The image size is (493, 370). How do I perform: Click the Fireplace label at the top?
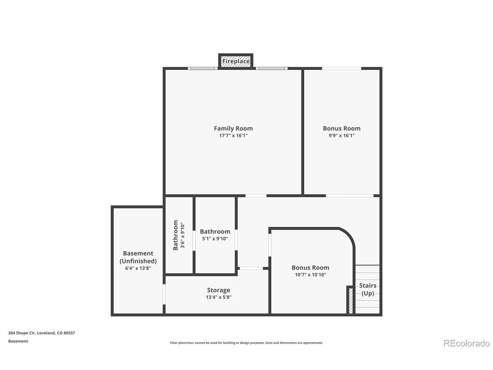[x=236, y=61]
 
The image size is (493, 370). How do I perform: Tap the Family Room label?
[x=233, y=128]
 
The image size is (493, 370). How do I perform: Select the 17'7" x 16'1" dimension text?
[x=233, y=135]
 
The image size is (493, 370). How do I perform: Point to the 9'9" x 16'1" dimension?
[x=341, y=135]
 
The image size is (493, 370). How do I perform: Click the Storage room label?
[x=218, y=290]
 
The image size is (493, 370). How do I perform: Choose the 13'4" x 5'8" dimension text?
[x=218, y=297]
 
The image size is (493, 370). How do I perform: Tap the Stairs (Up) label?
[x=367, y=289]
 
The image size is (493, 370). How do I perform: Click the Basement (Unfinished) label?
[x=138, y=257]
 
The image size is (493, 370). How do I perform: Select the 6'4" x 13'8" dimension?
[x=138, y=268]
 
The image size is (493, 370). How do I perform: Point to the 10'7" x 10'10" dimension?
[x=310, y=274]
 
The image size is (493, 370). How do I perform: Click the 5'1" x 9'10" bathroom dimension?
[x=215, y=239]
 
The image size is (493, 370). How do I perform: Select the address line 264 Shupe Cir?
[x=42, y=333]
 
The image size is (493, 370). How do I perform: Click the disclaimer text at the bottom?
[x=246, y=343]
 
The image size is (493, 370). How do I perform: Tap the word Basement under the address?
[x=18, y=341]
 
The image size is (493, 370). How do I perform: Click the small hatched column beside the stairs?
[x=350, y=301]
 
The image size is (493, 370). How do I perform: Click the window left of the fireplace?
[x=203, y=68]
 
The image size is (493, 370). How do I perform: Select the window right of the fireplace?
[x=272, y=68]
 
